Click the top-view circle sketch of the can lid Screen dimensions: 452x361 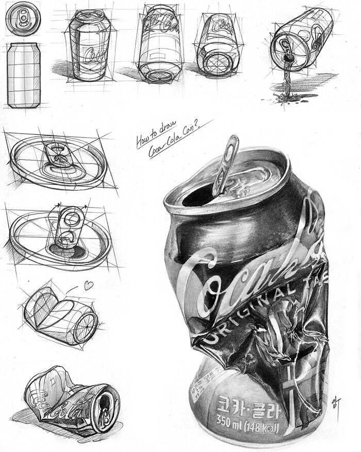pos(22,19)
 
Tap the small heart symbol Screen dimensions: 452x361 pos(88,284)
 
